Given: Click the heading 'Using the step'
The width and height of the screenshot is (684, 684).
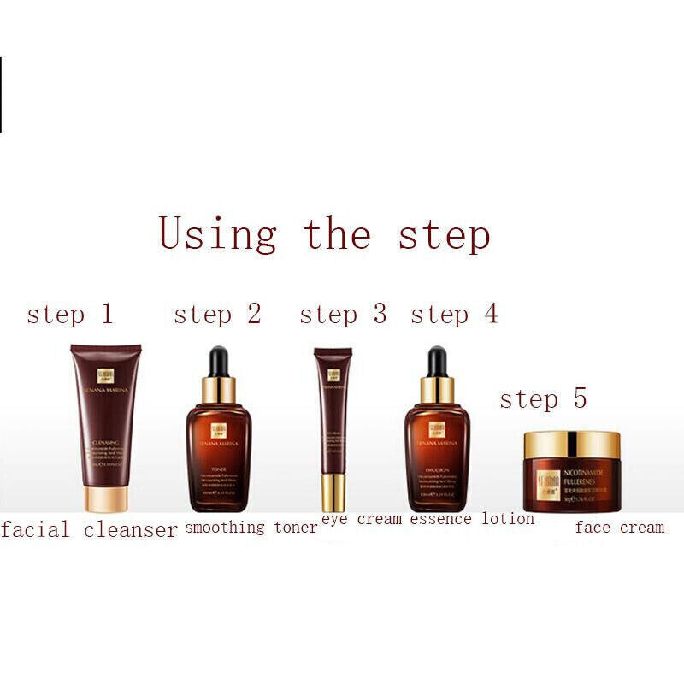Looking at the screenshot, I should [324, 235].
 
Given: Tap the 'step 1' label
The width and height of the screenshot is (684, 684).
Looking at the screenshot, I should [70, 315].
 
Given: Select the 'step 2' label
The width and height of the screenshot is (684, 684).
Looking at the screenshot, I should [217, 315].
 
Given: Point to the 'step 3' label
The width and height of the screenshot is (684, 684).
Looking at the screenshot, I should [343, 315].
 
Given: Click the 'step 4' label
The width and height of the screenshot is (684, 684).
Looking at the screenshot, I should [454, 315].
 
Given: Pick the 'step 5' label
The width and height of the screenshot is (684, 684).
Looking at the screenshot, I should [543, 398].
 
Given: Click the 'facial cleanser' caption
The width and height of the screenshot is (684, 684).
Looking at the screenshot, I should [89, 530].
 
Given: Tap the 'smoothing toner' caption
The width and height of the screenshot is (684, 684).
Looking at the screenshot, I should [251, 528].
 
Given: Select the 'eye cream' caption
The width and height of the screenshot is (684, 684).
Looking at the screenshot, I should [362, 519].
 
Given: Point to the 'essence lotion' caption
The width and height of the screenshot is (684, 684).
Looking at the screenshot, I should [472, 518].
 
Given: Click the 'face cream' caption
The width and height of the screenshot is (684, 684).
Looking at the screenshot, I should [619, 528].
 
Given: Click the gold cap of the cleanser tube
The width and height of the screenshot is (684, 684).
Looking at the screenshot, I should [105, 499].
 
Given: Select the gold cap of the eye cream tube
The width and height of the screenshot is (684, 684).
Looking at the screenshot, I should [333, 492].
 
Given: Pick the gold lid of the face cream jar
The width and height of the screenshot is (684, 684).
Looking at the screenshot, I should [572, 445].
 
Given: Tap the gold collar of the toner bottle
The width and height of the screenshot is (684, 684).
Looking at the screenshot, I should [219, 390].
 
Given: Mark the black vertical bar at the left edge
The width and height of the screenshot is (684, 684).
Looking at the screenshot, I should [1, 94].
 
